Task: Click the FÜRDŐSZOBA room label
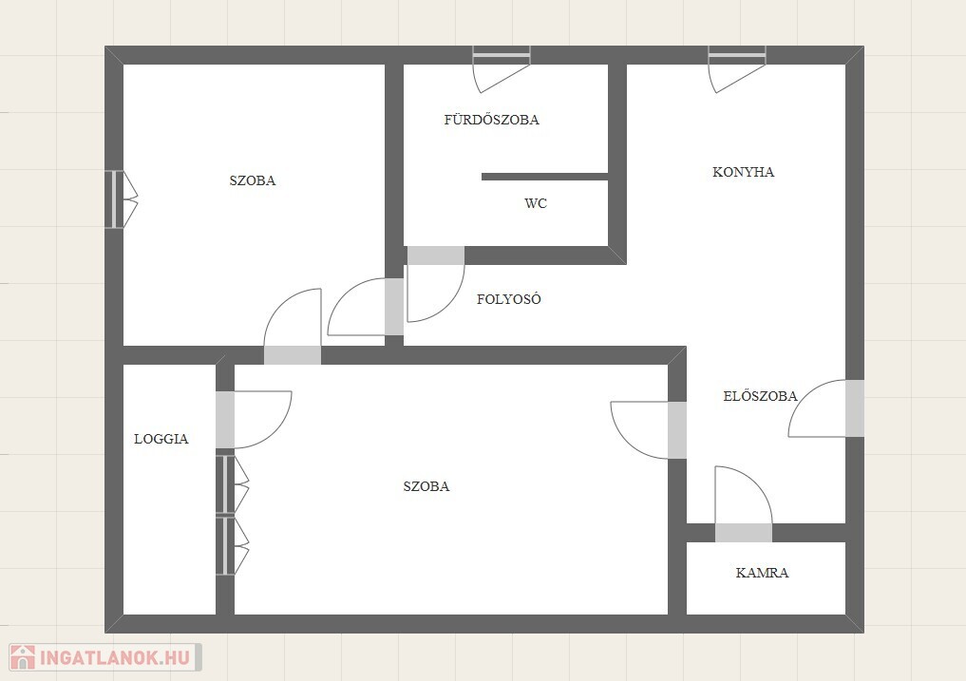click(x=492, y=119)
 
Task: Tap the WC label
click(x=536, y=203)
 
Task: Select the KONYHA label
click(x=743, y=172)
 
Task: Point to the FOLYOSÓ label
click(x=509, y=299)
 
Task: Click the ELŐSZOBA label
click(x=760, y=396)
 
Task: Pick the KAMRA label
click(x=762, y=573)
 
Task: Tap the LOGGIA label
click(x=161, y=439)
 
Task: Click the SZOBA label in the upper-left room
click(x=253, y=180)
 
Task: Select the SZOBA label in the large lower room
click(x=426, y=486)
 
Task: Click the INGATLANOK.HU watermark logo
click(x=105, y=657)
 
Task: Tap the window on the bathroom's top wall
click(x=502, y=55)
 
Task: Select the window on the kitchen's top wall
click(x=737, y=55)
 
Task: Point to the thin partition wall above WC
click(x=544, y=177)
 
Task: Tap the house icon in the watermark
click(x=23, y=657)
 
